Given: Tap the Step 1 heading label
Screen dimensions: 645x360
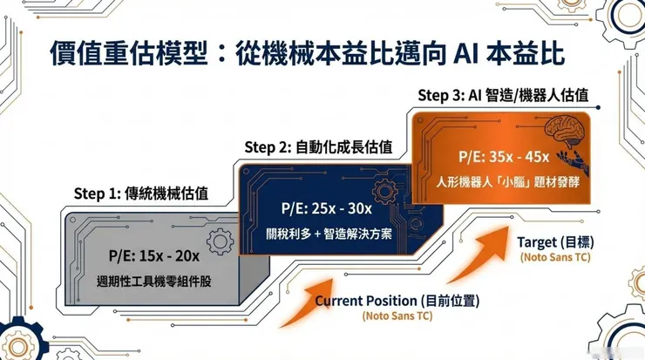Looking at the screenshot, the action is [140, 193].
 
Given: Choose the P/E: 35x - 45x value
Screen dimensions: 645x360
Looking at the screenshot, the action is [504, 157].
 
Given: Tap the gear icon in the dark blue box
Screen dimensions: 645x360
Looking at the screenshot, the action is [381, 192].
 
